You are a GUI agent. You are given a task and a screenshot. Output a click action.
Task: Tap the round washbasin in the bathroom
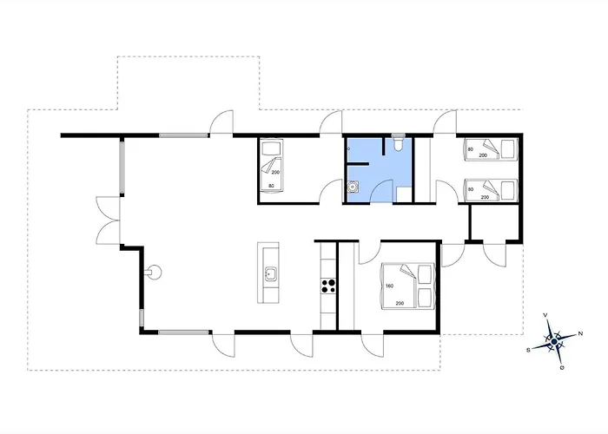pyautogui.click(x=353, y=187)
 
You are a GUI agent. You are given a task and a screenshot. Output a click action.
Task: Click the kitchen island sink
pyautogui.click(x=270, y=273)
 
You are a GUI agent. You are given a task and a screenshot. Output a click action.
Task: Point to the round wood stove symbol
pyautogui.click(x=155, y=272)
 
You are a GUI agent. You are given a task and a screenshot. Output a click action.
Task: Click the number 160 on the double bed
pyautogui.click(x=389, y=286)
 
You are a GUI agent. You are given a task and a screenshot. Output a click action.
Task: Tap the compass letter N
pyautogui.click(x=580, y=333)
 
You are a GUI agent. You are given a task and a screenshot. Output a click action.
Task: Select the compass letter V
pyautogui.click(x=545, y=315)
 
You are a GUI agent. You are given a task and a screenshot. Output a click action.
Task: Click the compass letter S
pyautogui.click(x=528, y=350)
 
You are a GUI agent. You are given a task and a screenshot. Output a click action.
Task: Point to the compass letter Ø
pyautogui.click(x=561, y=367)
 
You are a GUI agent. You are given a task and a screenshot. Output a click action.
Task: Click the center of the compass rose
pyautogui.click(x=554, y=341)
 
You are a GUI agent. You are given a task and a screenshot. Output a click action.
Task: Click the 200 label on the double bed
pyautogui.click(x=400, y=303)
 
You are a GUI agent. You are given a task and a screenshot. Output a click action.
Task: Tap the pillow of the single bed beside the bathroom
pyautogui.click(x=271, y=148)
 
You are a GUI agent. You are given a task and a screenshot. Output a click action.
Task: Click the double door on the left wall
pyautogui.click(x=108, y=220)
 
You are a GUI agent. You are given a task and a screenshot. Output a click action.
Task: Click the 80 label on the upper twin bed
pyautogui.click(x=471, y=149)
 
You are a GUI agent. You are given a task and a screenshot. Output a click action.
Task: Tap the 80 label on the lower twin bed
pyautogui.click(x=471, y=189)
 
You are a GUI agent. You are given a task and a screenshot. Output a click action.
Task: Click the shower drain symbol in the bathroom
pyautogui.click(x=348, y=148)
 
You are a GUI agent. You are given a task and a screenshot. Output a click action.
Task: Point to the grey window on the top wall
pyautogui.click(x=183, y=135)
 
